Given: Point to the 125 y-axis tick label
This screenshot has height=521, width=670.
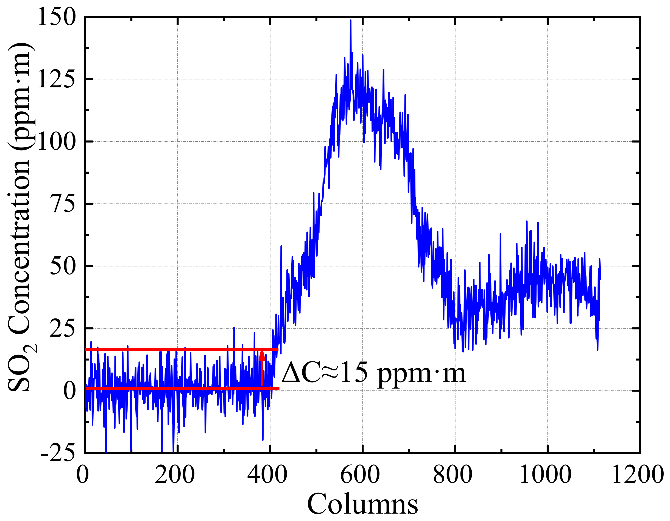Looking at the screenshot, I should click(56, 79).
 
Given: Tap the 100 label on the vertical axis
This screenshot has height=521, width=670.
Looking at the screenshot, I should click(56, 142).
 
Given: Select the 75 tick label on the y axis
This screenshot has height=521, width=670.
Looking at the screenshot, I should click(62, 204).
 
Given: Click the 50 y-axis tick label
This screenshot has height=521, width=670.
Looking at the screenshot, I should click(62, 266).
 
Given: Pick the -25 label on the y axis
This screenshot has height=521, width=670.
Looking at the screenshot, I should click(58, 453).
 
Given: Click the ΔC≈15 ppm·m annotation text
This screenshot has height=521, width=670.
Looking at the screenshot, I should click(374, 372).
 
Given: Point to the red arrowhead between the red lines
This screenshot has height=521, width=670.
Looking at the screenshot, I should click(262, 355).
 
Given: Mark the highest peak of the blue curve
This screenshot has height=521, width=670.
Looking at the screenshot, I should click(350, 21).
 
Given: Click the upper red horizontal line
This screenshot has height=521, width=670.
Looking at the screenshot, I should click(181, 349).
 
